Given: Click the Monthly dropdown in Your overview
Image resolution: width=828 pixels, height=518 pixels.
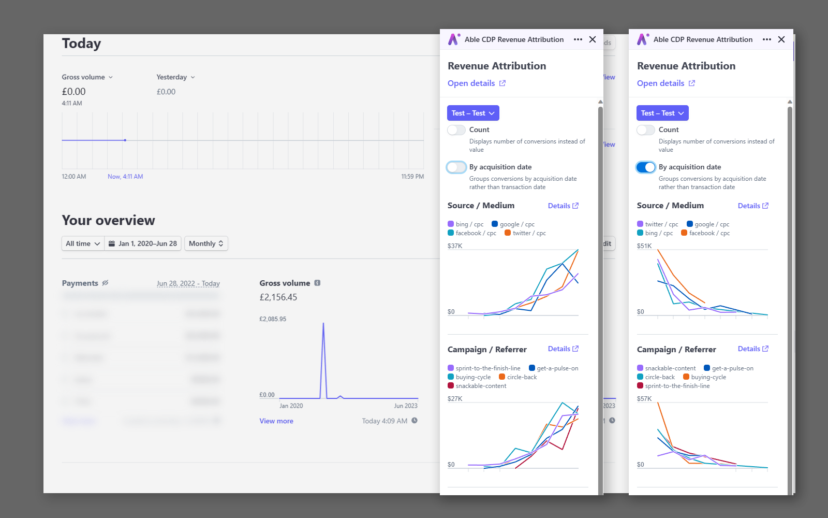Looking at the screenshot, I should (206, 243).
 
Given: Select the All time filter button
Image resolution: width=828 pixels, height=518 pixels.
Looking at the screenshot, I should (83, 243).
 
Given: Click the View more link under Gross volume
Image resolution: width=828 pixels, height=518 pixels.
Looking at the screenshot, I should (276, 421).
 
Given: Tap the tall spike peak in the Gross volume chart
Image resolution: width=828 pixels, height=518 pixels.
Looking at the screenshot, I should (323, 324).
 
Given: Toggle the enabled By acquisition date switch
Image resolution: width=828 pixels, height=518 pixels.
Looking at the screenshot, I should (646, 167).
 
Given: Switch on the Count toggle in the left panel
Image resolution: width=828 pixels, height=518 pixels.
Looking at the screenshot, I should (456, 130).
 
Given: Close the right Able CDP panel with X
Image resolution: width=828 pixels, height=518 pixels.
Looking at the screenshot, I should (781, 39).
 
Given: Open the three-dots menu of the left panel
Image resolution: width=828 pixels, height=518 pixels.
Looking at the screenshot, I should (578, 39).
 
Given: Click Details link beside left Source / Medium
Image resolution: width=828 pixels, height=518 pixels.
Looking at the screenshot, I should (563, 206).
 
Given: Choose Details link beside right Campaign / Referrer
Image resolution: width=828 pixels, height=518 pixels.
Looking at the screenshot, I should (753, 349).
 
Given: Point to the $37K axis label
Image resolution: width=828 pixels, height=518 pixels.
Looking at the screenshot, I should (455, 246).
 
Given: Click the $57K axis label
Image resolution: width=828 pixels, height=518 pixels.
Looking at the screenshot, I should (644, 399).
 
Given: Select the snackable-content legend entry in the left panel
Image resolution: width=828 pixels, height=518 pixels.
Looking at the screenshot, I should (477, 386).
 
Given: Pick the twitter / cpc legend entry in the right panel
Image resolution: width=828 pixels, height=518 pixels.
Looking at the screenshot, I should (658, 224).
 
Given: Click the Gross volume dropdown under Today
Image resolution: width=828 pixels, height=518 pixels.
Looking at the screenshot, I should (87, 77).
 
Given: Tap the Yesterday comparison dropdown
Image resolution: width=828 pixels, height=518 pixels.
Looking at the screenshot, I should (175, 77).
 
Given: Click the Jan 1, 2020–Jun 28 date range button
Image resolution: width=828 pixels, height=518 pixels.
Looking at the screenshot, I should (143, 243).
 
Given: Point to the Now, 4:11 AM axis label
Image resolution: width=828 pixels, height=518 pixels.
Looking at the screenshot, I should (125, 177).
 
